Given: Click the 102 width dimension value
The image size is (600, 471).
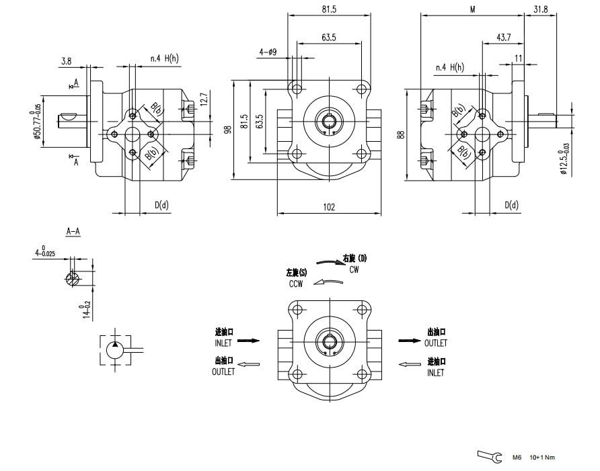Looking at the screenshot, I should tap(328, 208).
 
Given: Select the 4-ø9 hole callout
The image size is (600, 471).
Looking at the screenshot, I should tap(268, 51).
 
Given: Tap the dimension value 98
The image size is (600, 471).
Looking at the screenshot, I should tap(227, 128).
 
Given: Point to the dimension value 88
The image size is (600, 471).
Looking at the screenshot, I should tap(402, 134).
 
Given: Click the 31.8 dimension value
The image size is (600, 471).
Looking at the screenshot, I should tap(540, 9).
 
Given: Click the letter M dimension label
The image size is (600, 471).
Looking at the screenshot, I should tap(473, 9).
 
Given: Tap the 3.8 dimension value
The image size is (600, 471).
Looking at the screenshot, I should tap(66, 61).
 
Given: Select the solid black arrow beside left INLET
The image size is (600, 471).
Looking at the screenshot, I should tap(249, 341).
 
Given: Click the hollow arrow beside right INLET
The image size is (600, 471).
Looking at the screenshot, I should tap(410, 364).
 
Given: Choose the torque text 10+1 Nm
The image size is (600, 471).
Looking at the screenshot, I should tap(542, 458).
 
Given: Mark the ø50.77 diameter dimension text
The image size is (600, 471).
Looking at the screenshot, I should tap(38, 122).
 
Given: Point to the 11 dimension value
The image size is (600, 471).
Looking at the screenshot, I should tap(518, 58).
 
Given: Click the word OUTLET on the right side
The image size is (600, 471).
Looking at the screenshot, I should tap(436, 343).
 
